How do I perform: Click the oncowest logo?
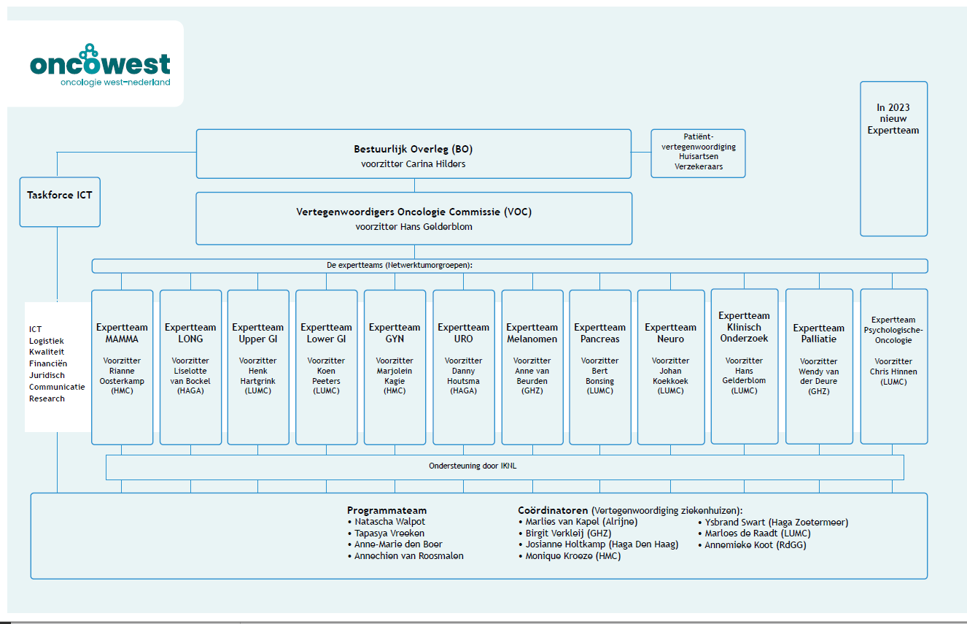(x=100, y=65)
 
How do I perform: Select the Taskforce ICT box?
(x=60, y=202)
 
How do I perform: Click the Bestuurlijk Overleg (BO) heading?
(x=413, y=149)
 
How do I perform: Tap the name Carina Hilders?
(x=435, y=163)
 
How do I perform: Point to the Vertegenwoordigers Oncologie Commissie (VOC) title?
(x=413, y=212)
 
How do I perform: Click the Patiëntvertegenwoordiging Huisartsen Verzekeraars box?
(x=698, y=153)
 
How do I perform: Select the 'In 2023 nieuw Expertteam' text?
(x=893, y=119)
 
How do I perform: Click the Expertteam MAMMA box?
(x=123, y=367)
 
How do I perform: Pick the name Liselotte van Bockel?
(x=190, y=376)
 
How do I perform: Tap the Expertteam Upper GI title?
(x=257, y=334)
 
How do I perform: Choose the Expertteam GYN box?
(x=395, y=367)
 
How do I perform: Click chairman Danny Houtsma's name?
(x=463, y=376)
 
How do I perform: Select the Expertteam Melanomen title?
(x=532, y=334)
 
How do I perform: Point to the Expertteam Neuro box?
(x=671, y=367)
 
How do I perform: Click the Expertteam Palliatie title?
(x=818, y=334)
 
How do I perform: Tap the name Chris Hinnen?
(x=893, y=371)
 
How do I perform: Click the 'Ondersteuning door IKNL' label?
(x=473, y=466)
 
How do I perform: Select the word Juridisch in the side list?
(x=47, y=375)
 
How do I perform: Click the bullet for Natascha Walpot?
(x=349, y=523)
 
